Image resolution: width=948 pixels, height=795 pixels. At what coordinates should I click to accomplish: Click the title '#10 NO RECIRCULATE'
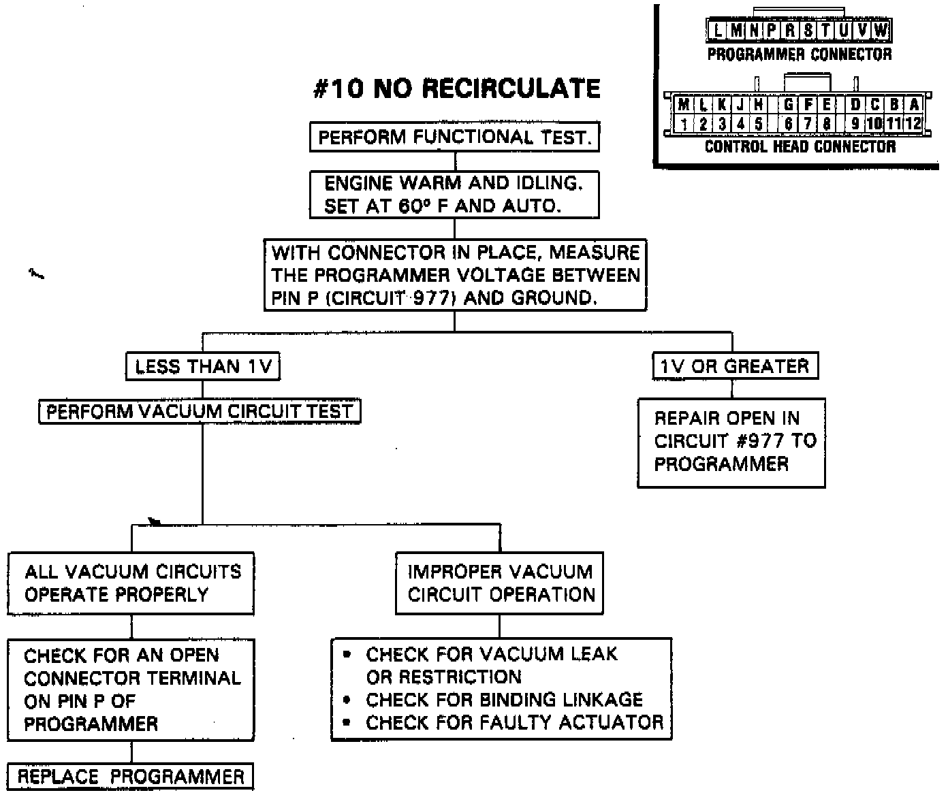[456, 88]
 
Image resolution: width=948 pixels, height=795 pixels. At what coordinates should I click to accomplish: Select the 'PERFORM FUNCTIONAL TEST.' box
[454, 137]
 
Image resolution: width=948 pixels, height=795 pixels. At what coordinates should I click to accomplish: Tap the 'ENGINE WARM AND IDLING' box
[454, 195]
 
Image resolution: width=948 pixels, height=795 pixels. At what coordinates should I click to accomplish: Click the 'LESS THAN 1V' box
[203, 367]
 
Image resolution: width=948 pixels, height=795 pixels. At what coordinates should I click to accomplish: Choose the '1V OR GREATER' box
[734, 366]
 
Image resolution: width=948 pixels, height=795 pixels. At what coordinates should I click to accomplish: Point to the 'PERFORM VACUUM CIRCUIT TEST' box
[200, 412]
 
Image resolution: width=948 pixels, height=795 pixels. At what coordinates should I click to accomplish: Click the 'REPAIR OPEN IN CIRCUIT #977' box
[731, 442]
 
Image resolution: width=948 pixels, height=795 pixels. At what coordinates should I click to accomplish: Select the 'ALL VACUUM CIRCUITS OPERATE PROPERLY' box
[131, 583]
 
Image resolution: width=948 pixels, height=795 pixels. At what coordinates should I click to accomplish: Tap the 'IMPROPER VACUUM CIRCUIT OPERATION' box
[500, 583]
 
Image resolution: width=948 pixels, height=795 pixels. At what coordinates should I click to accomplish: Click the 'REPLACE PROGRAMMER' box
[130, 777]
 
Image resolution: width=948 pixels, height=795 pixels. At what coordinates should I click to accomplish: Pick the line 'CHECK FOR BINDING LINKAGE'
[504, 700]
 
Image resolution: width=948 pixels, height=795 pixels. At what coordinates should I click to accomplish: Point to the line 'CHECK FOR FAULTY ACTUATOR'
[514, 723]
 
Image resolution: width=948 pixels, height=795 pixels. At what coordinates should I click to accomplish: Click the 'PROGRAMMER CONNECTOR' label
[799, 54]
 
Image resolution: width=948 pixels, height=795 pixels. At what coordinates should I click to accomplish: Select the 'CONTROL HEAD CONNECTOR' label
[800, 146]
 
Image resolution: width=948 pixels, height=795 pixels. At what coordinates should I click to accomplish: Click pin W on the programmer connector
[881, 31]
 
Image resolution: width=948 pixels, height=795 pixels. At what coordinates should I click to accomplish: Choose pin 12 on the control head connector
[913, 124]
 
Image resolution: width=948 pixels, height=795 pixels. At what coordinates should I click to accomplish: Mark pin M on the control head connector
[683, 106]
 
